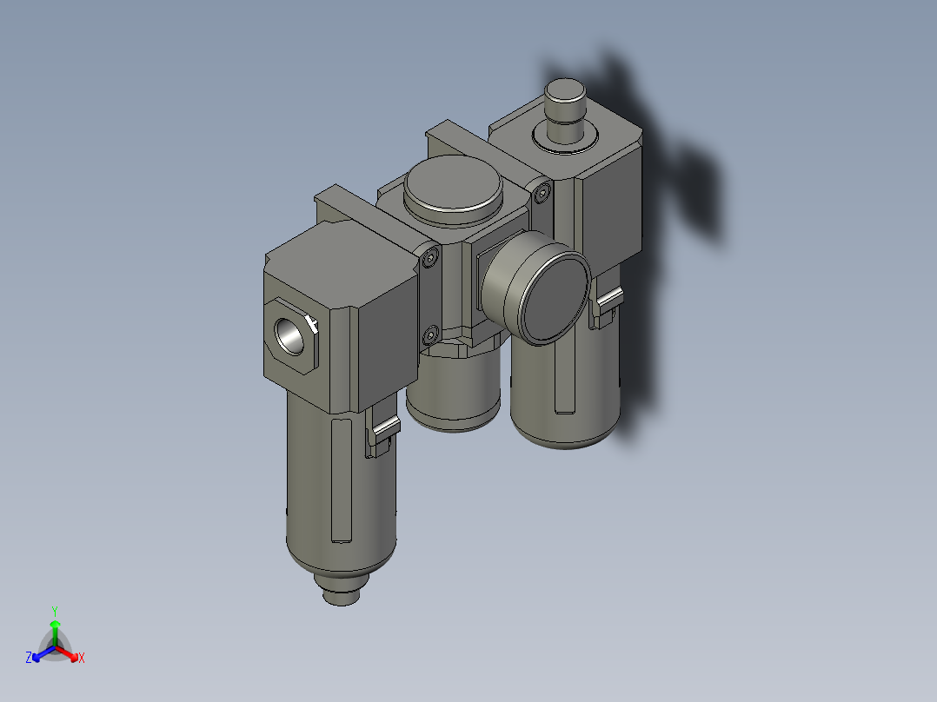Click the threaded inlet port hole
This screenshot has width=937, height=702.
pyautogui.click(x=290, y=335)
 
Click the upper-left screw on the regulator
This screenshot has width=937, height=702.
pyautogui.click(x=433, y=257)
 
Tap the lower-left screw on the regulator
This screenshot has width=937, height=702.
pyautogui.click(x=431, y=334)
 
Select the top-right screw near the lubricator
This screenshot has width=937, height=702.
pyautogui.click(x=544, y=194)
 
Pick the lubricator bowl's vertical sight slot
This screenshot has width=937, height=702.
pyautogui.click(x=563, y=374)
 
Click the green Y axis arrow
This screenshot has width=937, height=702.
pyautogui.click(x=55, y=627)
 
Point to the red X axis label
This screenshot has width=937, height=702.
pyautogui.click(x=82, y=659)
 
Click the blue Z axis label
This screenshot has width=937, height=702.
pyautogui.click(x=29, y=658)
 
